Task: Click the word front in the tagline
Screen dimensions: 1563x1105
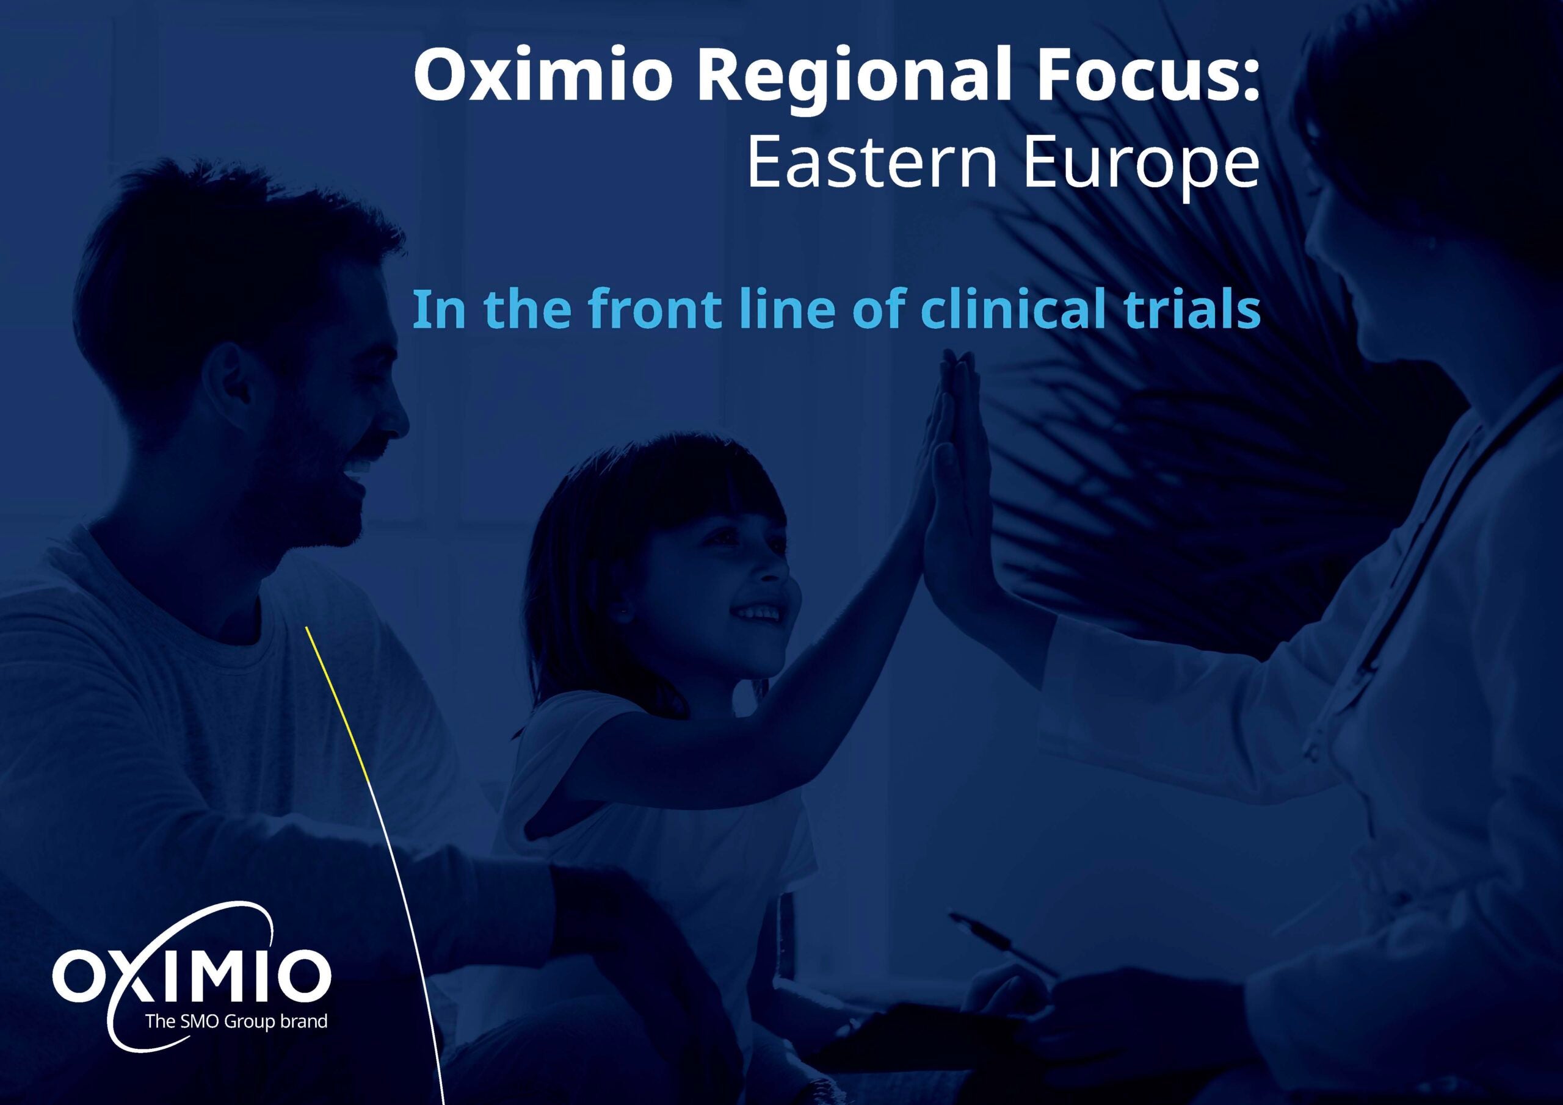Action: click(x=654, y=309)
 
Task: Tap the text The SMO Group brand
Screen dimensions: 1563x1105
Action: click(x=236, y=1021)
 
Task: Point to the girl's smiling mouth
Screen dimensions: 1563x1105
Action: click(x=758, y=613)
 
